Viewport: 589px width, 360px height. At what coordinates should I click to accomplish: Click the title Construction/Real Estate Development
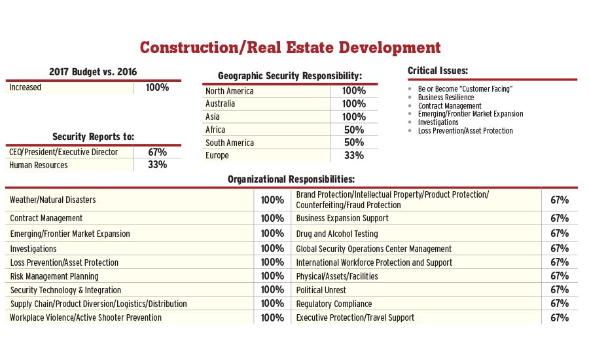[290, 48]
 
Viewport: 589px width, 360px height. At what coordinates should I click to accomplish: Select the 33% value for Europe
[353, 156]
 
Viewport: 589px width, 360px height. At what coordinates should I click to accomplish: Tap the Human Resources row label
[39, 165]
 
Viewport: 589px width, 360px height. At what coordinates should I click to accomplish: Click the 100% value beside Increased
[157, 87]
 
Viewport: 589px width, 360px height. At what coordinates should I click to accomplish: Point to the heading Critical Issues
[437, 71]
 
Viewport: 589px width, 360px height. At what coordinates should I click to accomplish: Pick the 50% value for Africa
[353, 130]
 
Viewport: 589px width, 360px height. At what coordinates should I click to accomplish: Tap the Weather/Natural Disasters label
[53, 200]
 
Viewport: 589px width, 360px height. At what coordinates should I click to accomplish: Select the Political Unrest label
[321, 290]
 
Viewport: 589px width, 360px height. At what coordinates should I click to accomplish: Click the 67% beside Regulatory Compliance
[560, 304]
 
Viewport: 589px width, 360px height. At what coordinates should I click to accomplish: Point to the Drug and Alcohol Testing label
[337, 234]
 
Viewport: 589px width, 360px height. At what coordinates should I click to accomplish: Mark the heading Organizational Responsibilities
[291, 179]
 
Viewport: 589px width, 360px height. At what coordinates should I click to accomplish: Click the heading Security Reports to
[94, 137]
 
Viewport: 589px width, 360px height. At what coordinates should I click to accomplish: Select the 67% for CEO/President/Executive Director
[157, 152]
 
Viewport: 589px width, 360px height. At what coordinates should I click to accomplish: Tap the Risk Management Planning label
[54, 276]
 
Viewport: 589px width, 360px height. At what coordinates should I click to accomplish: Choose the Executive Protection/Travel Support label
[355, 317]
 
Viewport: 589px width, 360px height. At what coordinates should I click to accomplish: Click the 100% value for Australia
[353, 103]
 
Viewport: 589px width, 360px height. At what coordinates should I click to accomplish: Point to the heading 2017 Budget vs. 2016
[94, 71]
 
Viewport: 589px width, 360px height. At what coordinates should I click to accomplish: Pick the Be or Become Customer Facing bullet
[465, 88]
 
